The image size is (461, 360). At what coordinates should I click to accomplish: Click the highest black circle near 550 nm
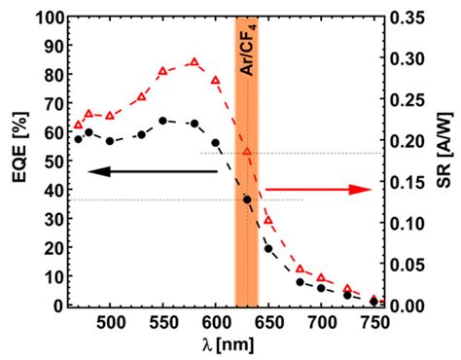(162, 121)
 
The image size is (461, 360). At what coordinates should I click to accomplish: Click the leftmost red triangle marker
(79, 126)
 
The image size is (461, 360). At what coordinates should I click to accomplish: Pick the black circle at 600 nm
(216, 143)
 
